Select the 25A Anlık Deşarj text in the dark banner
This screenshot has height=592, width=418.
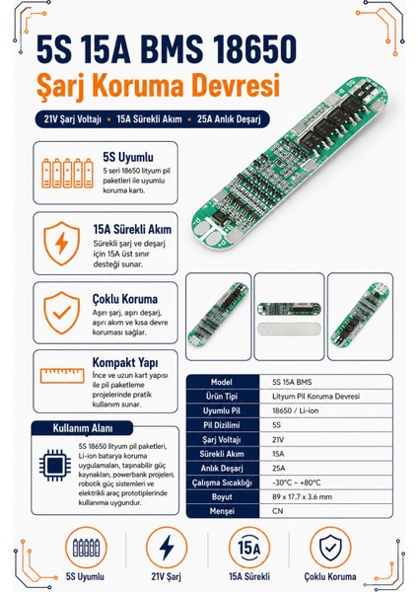(229, 119)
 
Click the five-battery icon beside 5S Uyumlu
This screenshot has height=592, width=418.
(67, 173)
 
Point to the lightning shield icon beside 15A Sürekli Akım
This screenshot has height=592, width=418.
(62, 244)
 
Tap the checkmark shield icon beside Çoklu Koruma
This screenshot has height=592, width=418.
(62, 313)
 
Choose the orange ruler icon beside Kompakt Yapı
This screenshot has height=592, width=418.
(62, 376)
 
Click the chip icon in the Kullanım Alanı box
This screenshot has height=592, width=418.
(55, 465)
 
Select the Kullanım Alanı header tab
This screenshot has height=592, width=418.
(82, 428)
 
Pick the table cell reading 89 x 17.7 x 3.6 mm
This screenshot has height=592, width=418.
(303, 497)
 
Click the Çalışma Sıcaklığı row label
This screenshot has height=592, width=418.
(222, 482)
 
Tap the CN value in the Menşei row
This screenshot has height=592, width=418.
(277, 511)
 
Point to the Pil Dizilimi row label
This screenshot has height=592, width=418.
(222, 425)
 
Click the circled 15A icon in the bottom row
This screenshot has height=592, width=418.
(249, 548)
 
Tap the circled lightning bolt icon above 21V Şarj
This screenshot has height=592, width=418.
(167, 548)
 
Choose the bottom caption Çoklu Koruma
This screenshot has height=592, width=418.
(330, 576)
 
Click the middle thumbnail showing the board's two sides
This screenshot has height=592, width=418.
(289, 317)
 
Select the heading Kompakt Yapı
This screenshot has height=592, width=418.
(125, 363)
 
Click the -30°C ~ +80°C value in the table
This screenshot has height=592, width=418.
(297, 482)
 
